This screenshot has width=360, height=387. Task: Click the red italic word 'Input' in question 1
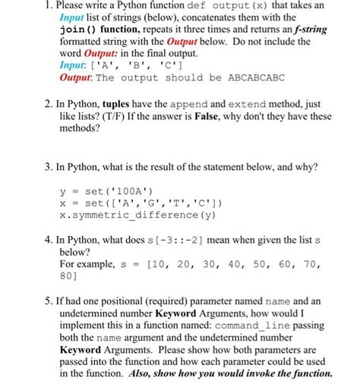tap(74, 17)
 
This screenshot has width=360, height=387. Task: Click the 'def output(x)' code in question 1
tap(236, 5)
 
